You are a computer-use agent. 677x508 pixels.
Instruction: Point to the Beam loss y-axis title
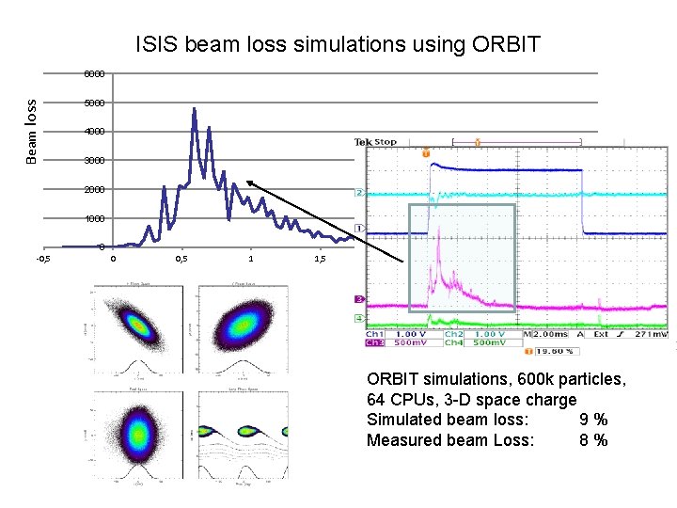(32, 132)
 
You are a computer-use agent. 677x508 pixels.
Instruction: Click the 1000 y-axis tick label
(95, 219)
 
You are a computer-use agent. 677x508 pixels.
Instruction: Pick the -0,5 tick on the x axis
(42, 259)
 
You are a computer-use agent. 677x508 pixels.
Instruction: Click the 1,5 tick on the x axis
(320, 259)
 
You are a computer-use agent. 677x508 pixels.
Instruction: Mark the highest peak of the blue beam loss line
(194, 109)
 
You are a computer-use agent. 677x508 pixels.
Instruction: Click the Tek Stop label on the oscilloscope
(375, 142)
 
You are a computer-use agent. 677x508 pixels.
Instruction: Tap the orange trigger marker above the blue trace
(426, 151)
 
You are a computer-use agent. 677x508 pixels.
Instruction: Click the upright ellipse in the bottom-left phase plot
(138, 434)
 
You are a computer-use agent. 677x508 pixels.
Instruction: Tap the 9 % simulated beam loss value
(592, 420)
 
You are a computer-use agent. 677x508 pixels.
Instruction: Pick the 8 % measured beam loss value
(592, 440)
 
